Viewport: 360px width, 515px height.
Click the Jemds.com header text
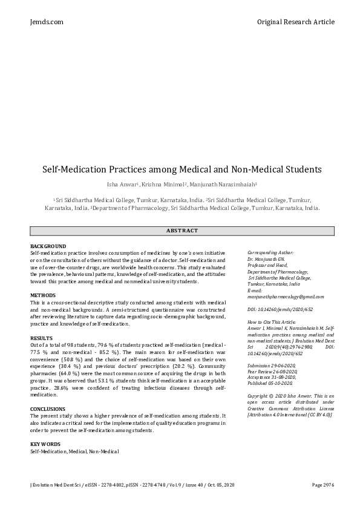coord(46,22)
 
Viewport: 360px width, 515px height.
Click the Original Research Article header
coord(295,22)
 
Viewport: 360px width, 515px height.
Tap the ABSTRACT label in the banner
coord(182,231)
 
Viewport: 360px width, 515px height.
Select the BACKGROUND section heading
coord(48,246)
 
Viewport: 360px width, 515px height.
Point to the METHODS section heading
coord(43,295)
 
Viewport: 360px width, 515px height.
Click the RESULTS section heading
coord(41,338)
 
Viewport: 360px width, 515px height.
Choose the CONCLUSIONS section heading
coord(48,409)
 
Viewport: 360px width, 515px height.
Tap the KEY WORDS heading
coord(46,445)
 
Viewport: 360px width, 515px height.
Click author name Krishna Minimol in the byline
coord(168,184)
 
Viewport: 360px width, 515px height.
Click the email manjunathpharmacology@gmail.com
coord(286,297)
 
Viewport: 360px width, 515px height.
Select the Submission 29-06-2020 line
coord(272,366)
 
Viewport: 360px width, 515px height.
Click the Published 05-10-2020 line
coord(270,383)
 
